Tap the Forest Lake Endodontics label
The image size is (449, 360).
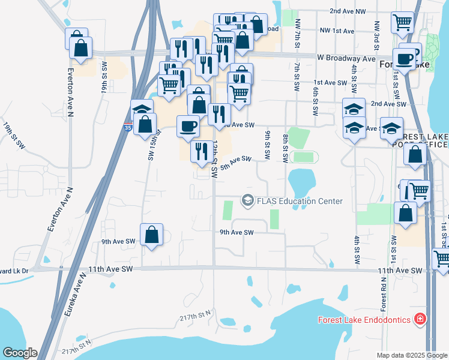[364, 320]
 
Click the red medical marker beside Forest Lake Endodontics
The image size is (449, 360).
[421, 319]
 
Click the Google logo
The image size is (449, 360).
[20, 353]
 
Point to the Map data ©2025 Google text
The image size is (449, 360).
[411, 355]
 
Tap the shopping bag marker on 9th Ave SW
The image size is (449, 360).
[152, 235]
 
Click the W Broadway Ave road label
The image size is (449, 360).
[346, 58]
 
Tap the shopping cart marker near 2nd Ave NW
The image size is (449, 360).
[402, 23]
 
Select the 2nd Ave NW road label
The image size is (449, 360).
[348, 11]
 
